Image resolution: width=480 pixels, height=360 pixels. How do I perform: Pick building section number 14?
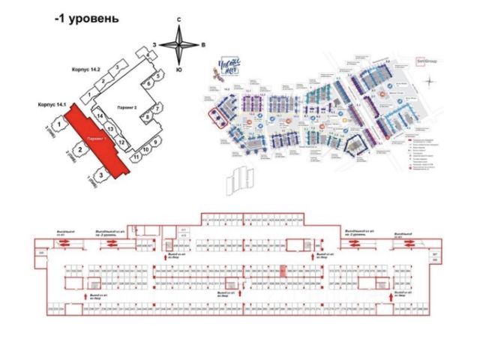pyautogui.click(x=98, y=117)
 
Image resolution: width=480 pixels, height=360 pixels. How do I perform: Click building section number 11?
pyautogui.click(x=136, y=157)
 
